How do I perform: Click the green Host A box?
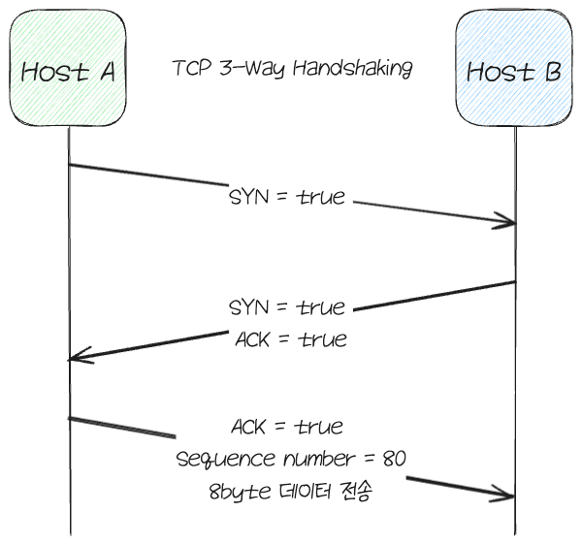coord(68,70)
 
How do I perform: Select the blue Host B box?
coord(515,70)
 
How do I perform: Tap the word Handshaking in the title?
coord(359,69)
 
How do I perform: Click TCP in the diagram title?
coord(189,69)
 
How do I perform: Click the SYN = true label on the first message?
coord(286,197)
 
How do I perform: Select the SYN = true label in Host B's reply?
coord(286,308)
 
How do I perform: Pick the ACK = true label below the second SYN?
coord(290,340)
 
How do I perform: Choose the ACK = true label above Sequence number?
coord(287,427)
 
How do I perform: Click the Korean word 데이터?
coord(301,492)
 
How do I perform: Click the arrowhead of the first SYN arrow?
coord(513,225)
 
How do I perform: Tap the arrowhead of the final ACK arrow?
coord(511,493)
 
